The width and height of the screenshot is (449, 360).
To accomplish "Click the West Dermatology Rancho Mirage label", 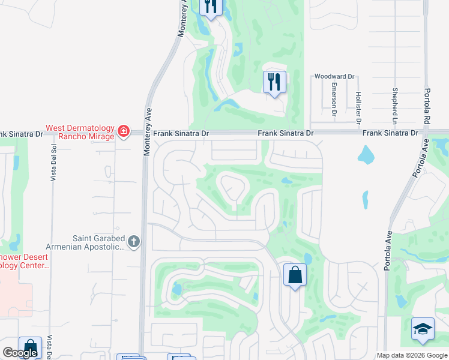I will click(x=80, y=132).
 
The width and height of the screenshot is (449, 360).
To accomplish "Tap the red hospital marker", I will click(x=124, y=131).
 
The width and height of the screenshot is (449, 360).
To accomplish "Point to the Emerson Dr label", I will click(x=334, y=96).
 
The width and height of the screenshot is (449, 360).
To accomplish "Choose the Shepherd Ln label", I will click(x=395, y=102).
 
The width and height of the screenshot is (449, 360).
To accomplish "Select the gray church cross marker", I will click(x=133, y=242).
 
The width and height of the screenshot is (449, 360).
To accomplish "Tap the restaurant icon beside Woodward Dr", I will click(x=275, y=82).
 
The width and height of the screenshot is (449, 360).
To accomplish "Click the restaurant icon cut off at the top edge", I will click(x=211, y=6).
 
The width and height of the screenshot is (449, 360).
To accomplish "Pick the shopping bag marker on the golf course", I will click(x=294, y=275).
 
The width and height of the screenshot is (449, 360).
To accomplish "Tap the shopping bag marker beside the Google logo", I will click(x=30, y=347).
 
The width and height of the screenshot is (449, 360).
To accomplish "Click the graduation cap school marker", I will click(x=423, y=329).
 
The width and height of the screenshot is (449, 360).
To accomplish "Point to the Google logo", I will click(x=20, y=353).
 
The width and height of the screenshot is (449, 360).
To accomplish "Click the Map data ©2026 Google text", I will click(x=411, y=355).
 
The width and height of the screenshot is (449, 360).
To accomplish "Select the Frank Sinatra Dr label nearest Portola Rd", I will click(x=390, y=132).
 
